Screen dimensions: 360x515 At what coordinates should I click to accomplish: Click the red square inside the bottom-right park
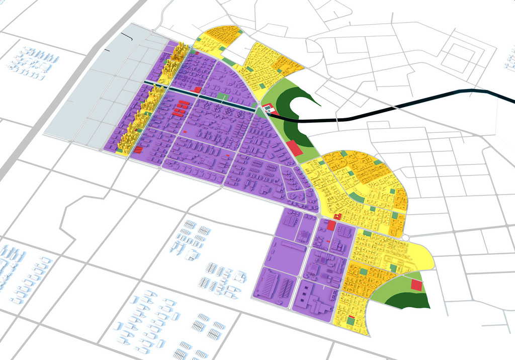point(416,286)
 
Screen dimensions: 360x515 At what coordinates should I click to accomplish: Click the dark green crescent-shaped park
point(294,98)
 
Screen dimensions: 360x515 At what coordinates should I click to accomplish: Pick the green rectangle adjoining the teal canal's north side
point(222,96)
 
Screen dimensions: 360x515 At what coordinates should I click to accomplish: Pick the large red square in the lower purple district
point(331,225)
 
